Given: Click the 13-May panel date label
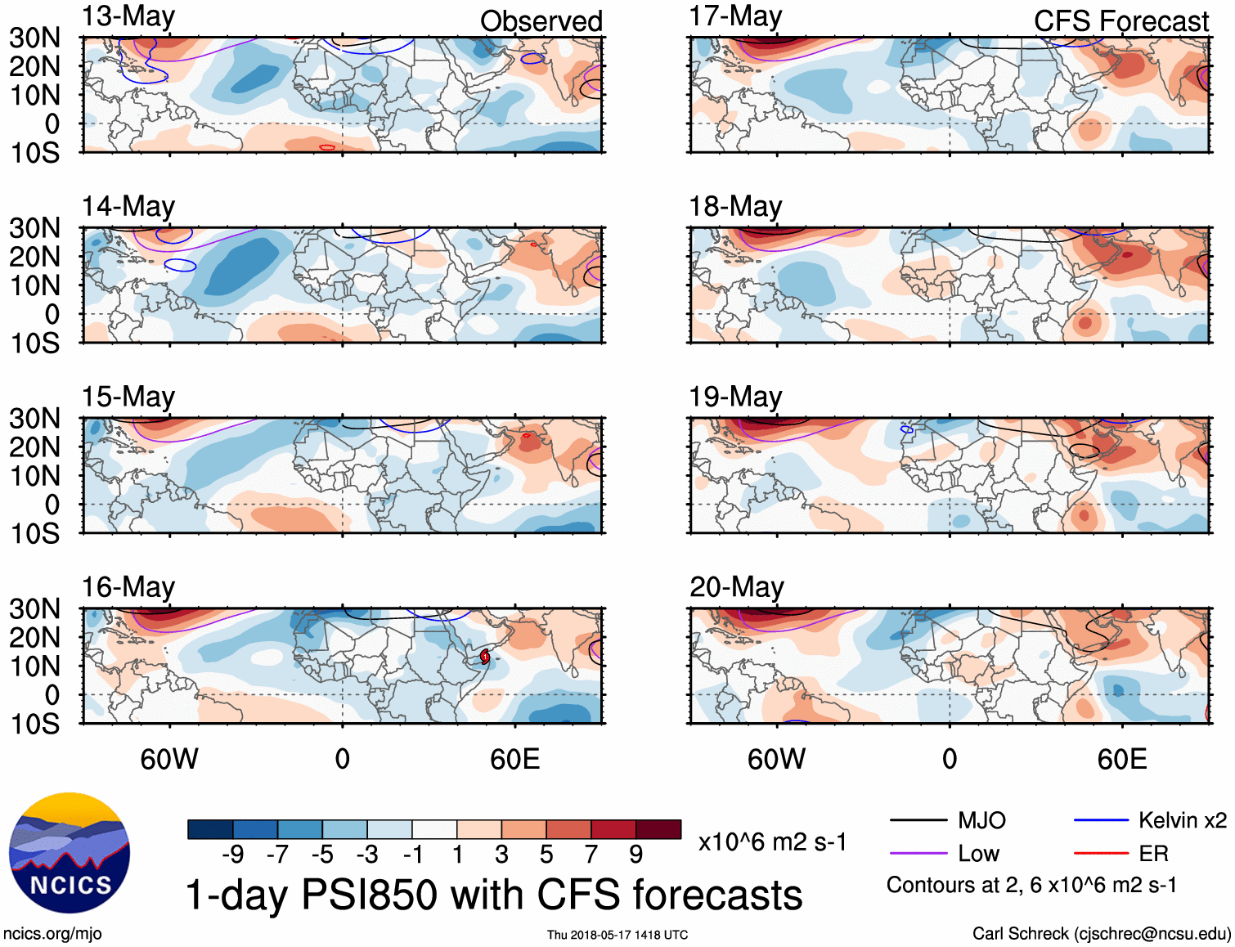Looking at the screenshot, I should (x=128, y=17).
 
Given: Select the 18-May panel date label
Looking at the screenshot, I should (x=735, y=207).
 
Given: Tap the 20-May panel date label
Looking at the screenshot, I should (x=736, y=587).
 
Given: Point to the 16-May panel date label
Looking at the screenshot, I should (x=128, y=587).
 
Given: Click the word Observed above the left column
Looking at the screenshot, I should (x=541, y=21).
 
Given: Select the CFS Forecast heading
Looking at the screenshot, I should (x=1120, y=21).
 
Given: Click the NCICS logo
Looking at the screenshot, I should (x=70, y=853).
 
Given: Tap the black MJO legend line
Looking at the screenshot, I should (x=918, y=820).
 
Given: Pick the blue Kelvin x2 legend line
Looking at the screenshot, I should (x=1101, y=820).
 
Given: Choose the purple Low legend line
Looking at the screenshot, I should (x=918, y=854).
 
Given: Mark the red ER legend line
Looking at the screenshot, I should (x=1101, y=854).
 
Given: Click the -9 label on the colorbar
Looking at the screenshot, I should (x=232, y=855).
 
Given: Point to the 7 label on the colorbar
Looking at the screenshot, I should (x=591, y=855).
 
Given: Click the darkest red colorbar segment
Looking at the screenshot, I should (x=658, y=829).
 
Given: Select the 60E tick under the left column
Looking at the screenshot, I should (x=514, y=759).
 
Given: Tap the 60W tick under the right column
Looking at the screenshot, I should (x=776, y=759).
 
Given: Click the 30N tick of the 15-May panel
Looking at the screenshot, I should (x=34, y=419).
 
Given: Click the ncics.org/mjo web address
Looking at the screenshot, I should (x=52, y=934).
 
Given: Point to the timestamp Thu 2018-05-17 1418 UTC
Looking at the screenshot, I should (x=617, y=935).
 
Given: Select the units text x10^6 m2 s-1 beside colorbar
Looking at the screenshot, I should (x=772, y=842).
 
